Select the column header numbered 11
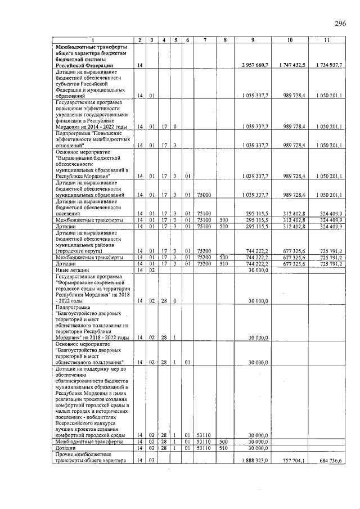click(326, 40)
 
